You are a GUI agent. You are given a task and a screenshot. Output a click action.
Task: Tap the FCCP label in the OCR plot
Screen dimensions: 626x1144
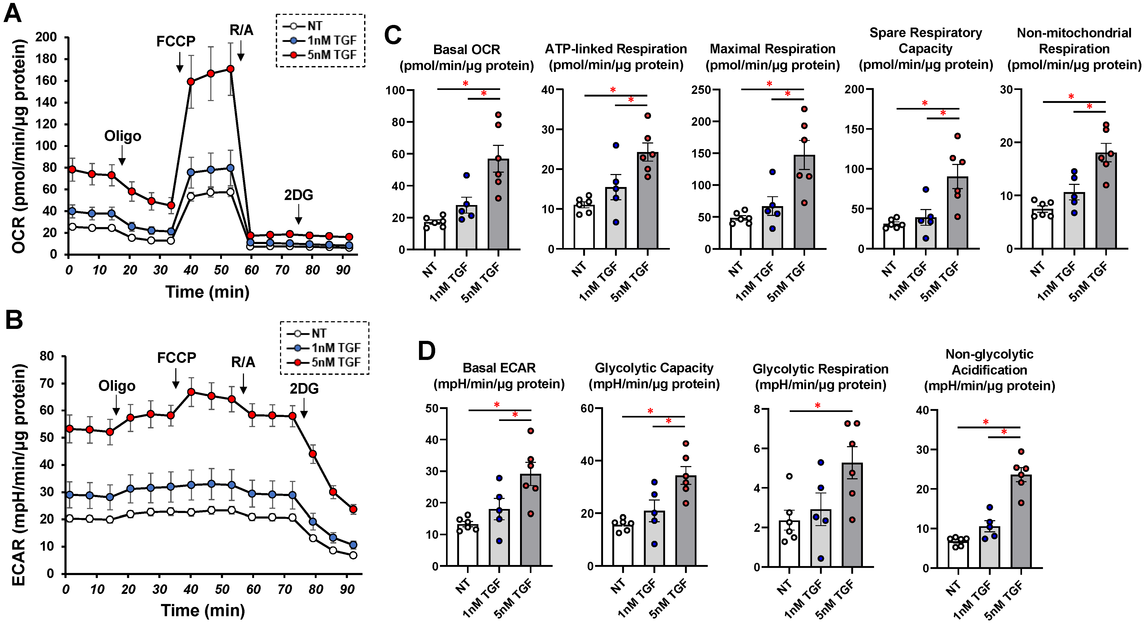(x=176, y=41)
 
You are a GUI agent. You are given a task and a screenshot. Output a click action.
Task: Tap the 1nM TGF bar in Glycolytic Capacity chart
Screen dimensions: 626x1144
(x=654, y=538)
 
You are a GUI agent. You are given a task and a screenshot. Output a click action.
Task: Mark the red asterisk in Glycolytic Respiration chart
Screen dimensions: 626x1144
(x=818, y=405)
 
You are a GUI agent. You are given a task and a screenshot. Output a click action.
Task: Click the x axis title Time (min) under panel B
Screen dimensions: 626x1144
(x=203, y=610)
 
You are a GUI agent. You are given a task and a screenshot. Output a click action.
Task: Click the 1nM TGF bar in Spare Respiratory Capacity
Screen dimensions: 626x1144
(x=926, y=233)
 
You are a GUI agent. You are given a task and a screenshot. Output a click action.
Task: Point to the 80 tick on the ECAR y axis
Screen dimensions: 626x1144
(x=47, y=356)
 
